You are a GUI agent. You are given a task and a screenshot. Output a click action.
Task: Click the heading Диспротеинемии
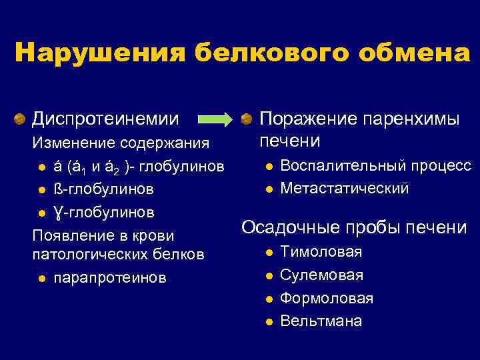pos(106,119)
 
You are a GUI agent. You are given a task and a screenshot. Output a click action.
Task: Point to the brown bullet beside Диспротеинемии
pos(20,119)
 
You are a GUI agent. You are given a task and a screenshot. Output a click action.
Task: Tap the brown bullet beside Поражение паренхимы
pos(247,119)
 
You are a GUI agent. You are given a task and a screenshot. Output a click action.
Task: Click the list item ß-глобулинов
pos(103,189)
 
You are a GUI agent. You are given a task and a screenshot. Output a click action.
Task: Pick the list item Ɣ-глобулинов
pos(103,212)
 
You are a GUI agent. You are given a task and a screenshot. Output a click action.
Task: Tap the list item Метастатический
pos(344,189)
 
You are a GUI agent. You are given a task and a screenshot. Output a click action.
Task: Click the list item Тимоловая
pos(321,252)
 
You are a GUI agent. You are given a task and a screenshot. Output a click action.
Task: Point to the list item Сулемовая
pos(321,275)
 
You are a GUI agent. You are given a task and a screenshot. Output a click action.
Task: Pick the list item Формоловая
pos(327,298)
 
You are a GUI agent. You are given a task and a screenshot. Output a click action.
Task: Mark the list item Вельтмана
pos(321,321)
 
